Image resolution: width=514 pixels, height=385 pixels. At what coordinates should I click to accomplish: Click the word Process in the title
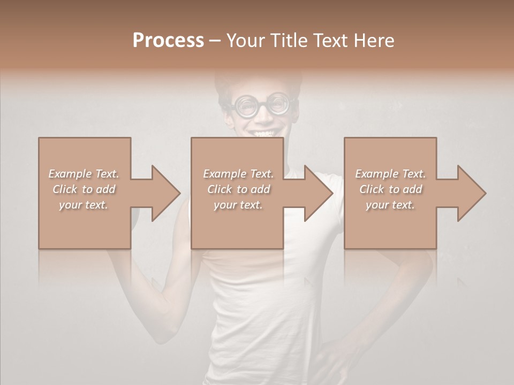click(168, 41)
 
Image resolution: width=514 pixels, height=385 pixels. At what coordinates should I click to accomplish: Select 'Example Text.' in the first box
click(84, 174)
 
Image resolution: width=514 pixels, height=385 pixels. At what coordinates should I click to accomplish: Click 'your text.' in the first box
click(84, 205)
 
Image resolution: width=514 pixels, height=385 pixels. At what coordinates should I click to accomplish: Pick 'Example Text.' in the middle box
click(238, 174)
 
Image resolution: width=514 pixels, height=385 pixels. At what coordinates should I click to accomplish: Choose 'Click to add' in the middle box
click(238, 189)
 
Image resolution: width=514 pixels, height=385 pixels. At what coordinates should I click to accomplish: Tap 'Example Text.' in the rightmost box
click(390, 174)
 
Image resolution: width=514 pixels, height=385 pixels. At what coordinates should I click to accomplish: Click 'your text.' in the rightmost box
click(390, 205)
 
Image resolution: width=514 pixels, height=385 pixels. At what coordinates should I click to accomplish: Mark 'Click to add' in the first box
click(84, 189)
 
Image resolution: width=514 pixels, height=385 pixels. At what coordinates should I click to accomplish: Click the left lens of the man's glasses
click(246, 106)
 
